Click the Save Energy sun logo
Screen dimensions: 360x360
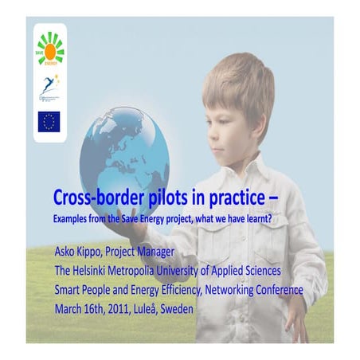(49, 47)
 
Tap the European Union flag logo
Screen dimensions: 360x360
(49, 121)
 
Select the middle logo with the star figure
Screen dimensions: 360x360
(49, 86)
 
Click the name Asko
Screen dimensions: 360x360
(67, 252)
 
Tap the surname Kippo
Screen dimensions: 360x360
(99, 253)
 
